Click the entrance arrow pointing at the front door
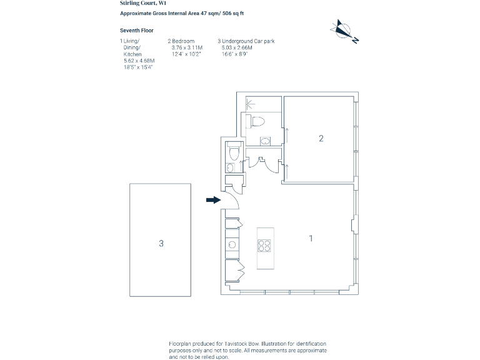click(x=213, y=200)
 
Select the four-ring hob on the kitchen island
click(x=264, y=245)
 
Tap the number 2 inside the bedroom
click(x=321, y=139)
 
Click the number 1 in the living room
click(x=311, y=238)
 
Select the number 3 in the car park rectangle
click(x=161, y=243)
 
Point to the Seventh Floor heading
click(x=137, y=30)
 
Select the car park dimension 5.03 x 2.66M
click(x=237, y=46)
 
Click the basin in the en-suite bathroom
click(x=265, y=141)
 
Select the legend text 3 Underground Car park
click(x=246, y=41)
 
